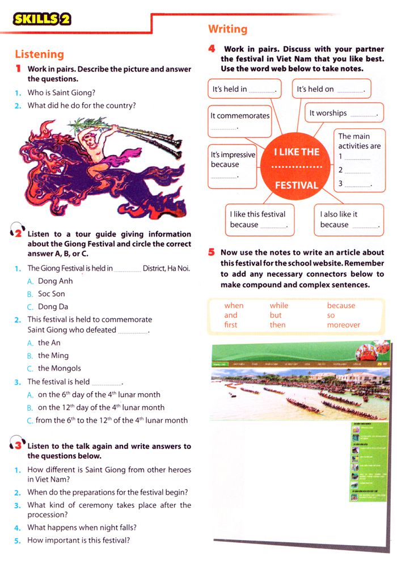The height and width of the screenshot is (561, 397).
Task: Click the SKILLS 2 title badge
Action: [43, 20]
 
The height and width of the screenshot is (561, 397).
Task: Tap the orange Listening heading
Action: [39, 54]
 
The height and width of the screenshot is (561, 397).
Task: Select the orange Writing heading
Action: [227, 29]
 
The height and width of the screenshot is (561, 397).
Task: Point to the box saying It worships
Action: [344, 113]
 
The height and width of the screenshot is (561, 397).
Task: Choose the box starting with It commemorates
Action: [240, 120]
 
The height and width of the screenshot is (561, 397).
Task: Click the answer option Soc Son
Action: [51, 294]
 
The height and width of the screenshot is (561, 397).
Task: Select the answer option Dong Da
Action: [52, 306]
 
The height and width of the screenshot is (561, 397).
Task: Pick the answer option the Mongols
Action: [59, 368]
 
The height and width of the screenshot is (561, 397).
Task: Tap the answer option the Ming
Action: [53, 356]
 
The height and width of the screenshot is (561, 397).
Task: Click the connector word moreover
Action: [343, 325]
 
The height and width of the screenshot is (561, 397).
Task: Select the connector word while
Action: [279, 306]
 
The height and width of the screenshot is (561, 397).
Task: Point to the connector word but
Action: [276, 315]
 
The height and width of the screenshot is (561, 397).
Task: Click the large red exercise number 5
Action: [211, 252]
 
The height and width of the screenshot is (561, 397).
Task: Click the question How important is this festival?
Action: [78, 540]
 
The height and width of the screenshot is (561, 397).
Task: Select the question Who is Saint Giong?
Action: [61, 92]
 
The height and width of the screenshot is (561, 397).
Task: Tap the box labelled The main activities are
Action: [359, 159]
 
